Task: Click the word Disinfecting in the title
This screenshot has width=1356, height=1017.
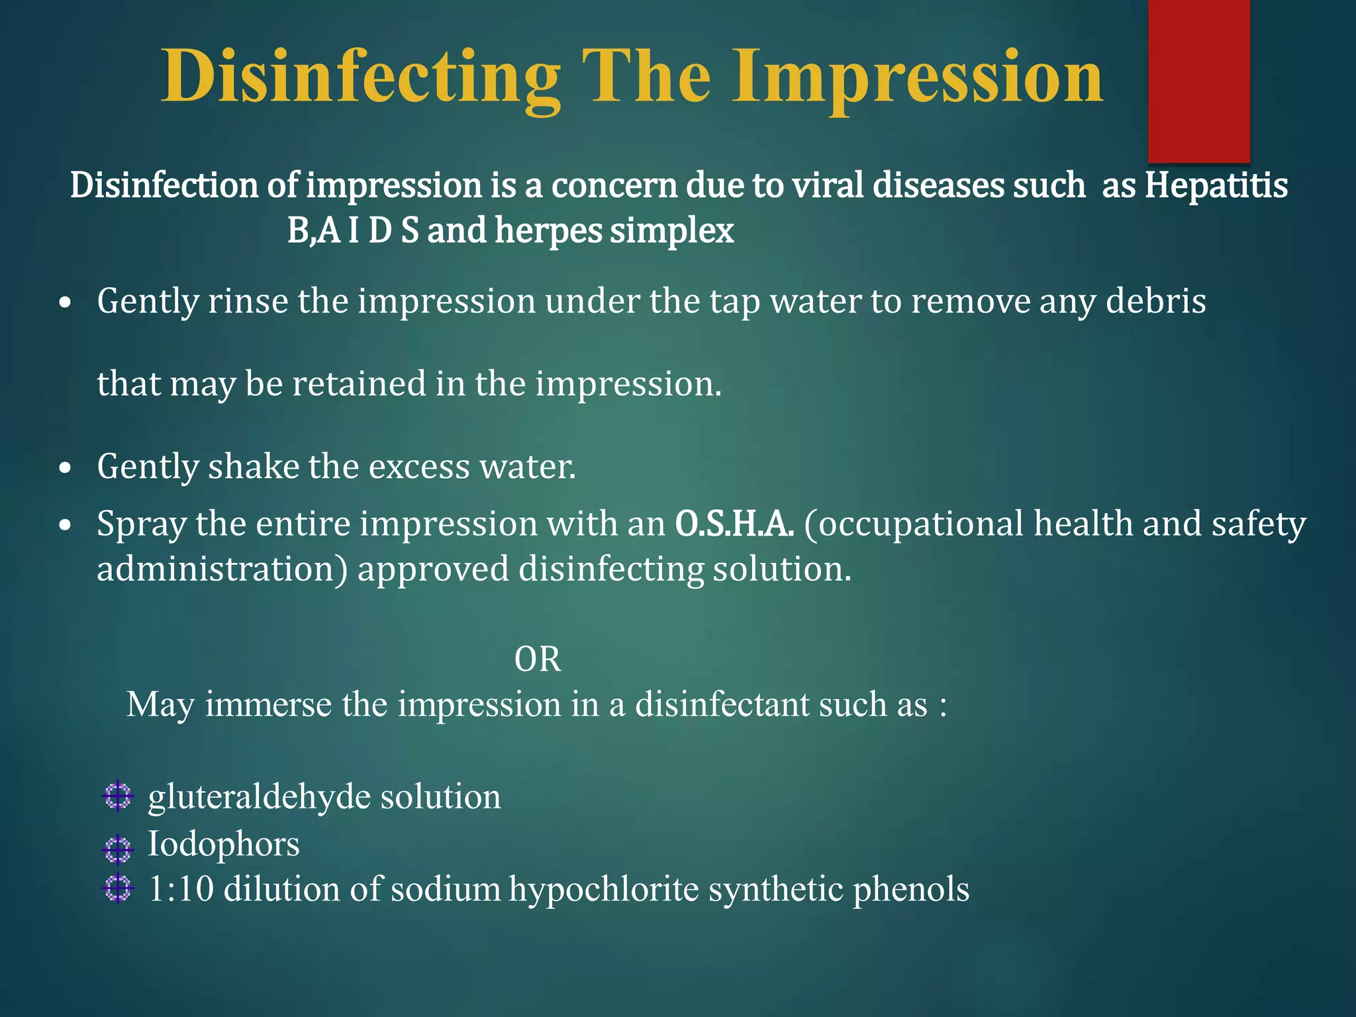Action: click(360, 78)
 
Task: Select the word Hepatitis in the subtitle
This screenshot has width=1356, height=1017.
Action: click(1216, 185)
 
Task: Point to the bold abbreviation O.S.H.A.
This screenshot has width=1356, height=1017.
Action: click(734, 524)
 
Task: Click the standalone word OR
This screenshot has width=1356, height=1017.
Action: click(538, 659)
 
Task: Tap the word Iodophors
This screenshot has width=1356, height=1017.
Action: click(223, 844)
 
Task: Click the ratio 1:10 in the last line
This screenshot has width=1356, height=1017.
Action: click(181, 889)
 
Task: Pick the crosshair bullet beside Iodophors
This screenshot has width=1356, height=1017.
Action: click(119, 849)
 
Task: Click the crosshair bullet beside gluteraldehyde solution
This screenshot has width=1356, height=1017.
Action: click(119, 797)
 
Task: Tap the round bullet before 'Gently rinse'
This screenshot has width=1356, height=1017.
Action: click(64, 303)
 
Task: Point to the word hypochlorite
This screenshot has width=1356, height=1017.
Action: click(604, 889)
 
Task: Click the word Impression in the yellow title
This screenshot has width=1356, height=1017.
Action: click(917, 78)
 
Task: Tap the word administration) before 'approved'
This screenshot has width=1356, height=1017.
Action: click(222, 569)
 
